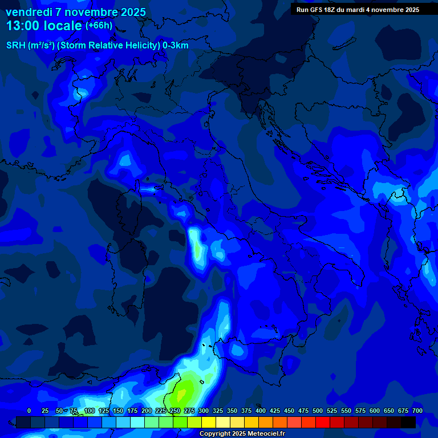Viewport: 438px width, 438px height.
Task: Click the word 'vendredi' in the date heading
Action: (28, 12)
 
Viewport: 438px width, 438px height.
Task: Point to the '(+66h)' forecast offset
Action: (99, 26)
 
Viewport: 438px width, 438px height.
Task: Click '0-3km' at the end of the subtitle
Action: (176, 46)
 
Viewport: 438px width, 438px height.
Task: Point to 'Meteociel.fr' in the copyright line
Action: (263, 434)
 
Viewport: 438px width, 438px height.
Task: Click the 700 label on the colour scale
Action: (417, 411)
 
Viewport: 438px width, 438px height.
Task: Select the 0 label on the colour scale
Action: (29, 411)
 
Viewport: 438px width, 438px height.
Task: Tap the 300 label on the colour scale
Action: (204, 411)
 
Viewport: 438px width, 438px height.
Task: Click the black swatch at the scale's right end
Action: (408, 422)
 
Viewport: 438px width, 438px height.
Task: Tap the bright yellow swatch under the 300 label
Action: (209, 422)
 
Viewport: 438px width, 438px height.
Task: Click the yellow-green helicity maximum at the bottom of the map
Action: (185, 392)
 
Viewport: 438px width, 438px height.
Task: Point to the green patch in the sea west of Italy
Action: (197, 250)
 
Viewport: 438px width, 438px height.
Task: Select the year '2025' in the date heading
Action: (130, 12)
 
